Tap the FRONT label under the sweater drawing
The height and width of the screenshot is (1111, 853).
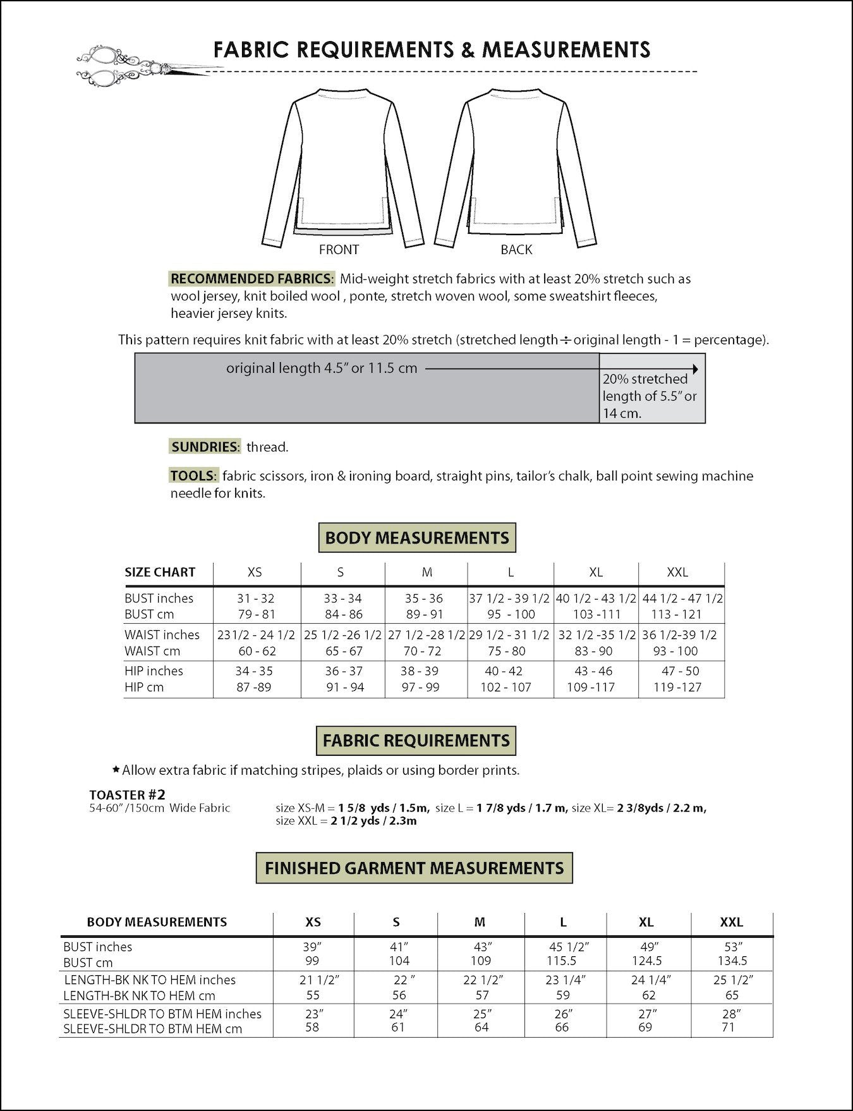(339, 250)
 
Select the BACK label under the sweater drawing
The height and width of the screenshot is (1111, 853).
(516, 250)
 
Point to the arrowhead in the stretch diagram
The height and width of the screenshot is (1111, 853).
(695, 369)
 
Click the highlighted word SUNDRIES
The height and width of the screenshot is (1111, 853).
(205, 447)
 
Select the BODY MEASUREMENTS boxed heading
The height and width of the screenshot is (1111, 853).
(417, 538)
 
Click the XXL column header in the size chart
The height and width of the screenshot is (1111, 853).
(677, 573)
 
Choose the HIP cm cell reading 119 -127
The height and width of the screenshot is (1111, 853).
(677, 687)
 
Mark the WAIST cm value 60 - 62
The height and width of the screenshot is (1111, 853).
(255, 651)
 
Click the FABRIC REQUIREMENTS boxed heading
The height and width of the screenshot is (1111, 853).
(416, 741)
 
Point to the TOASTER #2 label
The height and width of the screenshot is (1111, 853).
(127, 794)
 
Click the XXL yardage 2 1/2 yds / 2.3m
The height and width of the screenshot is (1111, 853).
(373, 821)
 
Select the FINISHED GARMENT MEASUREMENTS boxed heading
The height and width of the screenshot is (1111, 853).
(414, 868)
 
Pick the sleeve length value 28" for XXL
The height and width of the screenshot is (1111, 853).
(731, 1013)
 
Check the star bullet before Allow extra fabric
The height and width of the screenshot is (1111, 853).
(116, 770)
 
